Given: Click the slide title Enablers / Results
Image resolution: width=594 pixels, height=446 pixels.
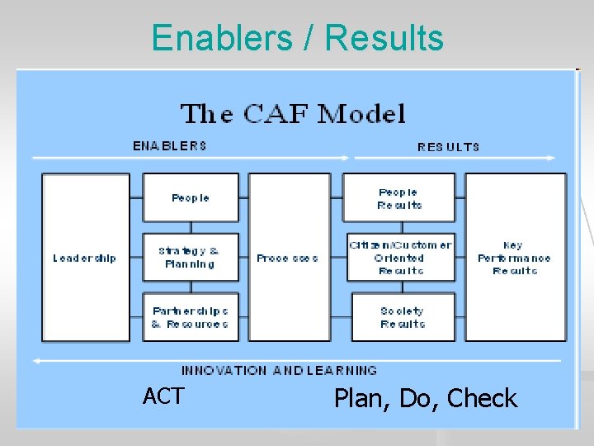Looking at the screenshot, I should (x=297, y=38).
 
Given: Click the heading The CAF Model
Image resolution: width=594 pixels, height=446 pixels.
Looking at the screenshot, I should (x=293, y=113).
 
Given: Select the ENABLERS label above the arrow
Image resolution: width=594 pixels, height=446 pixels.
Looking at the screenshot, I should (x=170, y=146).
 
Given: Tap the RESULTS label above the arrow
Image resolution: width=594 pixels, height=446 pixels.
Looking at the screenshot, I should (x=448, y=147).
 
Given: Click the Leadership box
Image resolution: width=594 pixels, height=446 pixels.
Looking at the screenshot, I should (x=85, y=258).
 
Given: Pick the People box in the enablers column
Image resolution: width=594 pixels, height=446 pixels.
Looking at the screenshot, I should (x=191, y=198).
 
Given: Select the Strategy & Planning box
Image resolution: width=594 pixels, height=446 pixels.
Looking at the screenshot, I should (x=191, y=258).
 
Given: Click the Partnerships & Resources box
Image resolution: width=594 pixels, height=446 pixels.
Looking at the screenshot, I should (x=191, y=318).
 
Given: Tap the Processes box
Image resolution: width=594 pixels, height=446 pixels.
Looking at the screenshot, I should (x=288, y=258).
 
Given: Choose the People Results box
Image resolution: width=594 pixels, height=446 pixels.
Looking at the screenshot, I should (x=400, y=198).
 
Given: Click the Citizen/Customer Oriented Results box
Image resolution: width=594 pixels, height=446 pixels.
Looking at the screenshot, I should (x=400, y=258).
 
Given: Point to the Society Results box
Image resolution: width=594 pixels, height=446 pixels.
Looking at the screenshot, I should (x=402, y=318).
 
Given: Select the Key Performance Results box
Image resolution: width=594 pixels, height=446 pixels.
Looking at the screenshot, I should (x=515, y=258).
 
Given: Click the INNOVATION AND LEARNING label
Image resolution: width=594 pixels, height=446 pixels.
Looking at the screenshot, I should (x=279, y=371).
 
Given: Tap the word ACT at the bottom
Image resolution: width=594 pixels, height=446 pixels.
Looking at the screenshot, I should (x=163, y=396).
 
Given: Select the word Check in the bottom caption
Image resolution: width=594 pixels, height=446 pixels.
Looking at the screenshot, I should (x=482, y=399).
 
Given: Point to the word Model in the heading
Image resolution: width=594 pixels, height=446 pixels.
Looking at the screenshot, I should (x=361, y=113).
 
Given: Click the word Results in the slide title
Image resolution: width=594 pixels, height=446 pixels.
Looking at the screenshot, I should (x=384, y=38).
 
